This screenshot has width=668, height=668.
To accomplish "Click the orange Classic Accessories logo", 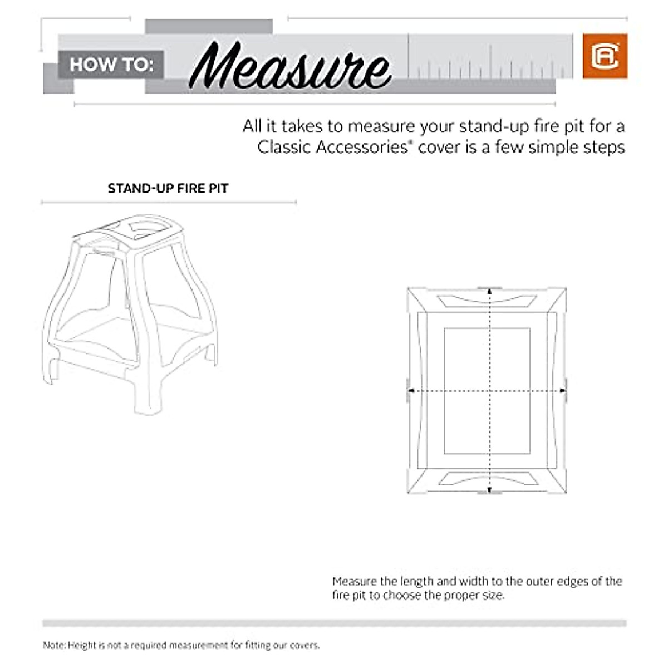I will (x=605, y=56).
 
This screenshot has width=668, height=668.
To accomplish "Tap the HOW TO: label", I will (x=111, y=65).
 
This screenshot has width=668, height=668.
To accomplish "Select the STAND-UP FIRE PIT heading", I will (x=168, y=188).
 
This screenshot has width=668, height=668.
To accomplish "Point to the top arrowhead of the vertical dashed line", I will (x=489, y=291).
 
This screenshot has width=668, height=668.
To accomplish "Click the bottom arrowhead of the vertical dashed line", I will (x=489, y=490).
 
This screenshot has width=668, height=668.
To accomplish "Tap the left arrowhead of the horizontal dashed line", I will (x=411, y=391).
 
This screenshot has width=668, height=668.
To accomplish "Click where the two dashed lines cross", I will (x=489, y=391).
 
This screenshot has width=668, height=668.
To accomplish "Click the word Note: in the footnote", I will (x=55, y=645).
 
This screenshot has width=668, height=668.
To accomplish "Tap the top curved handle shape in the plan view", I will (x=487, y=301).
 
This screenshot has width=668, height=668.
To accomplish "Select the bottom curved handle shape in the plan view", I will (x=487, y=479).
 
